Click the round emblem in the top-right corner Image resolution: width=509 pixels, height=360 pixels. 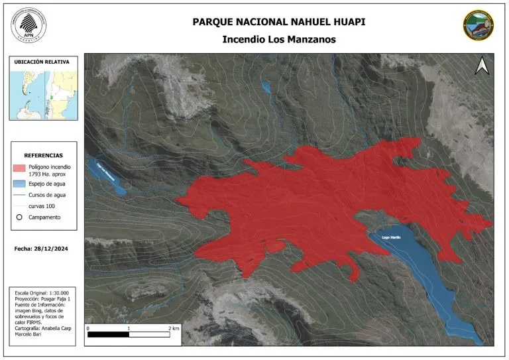pos(479,25)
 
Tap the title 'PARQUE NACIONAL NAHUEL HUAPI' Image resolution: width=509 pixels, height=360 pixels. pos(279,22)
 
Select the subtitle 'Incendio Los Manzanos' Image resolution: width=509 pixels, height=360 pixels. pos(279,39)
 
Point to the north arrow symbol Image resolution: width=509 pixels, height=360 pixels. pos(482,65)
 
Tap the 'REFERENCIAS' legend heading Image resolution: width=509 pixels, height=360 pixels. pos(44,154)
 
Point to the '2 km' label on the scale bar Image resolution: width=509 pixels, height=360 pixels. pos(174,328)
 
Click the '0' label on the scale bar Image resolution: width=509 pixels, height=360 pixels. pos(88,328)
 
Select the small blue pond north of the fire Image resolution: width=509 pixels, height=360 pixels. pos(266,87)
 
